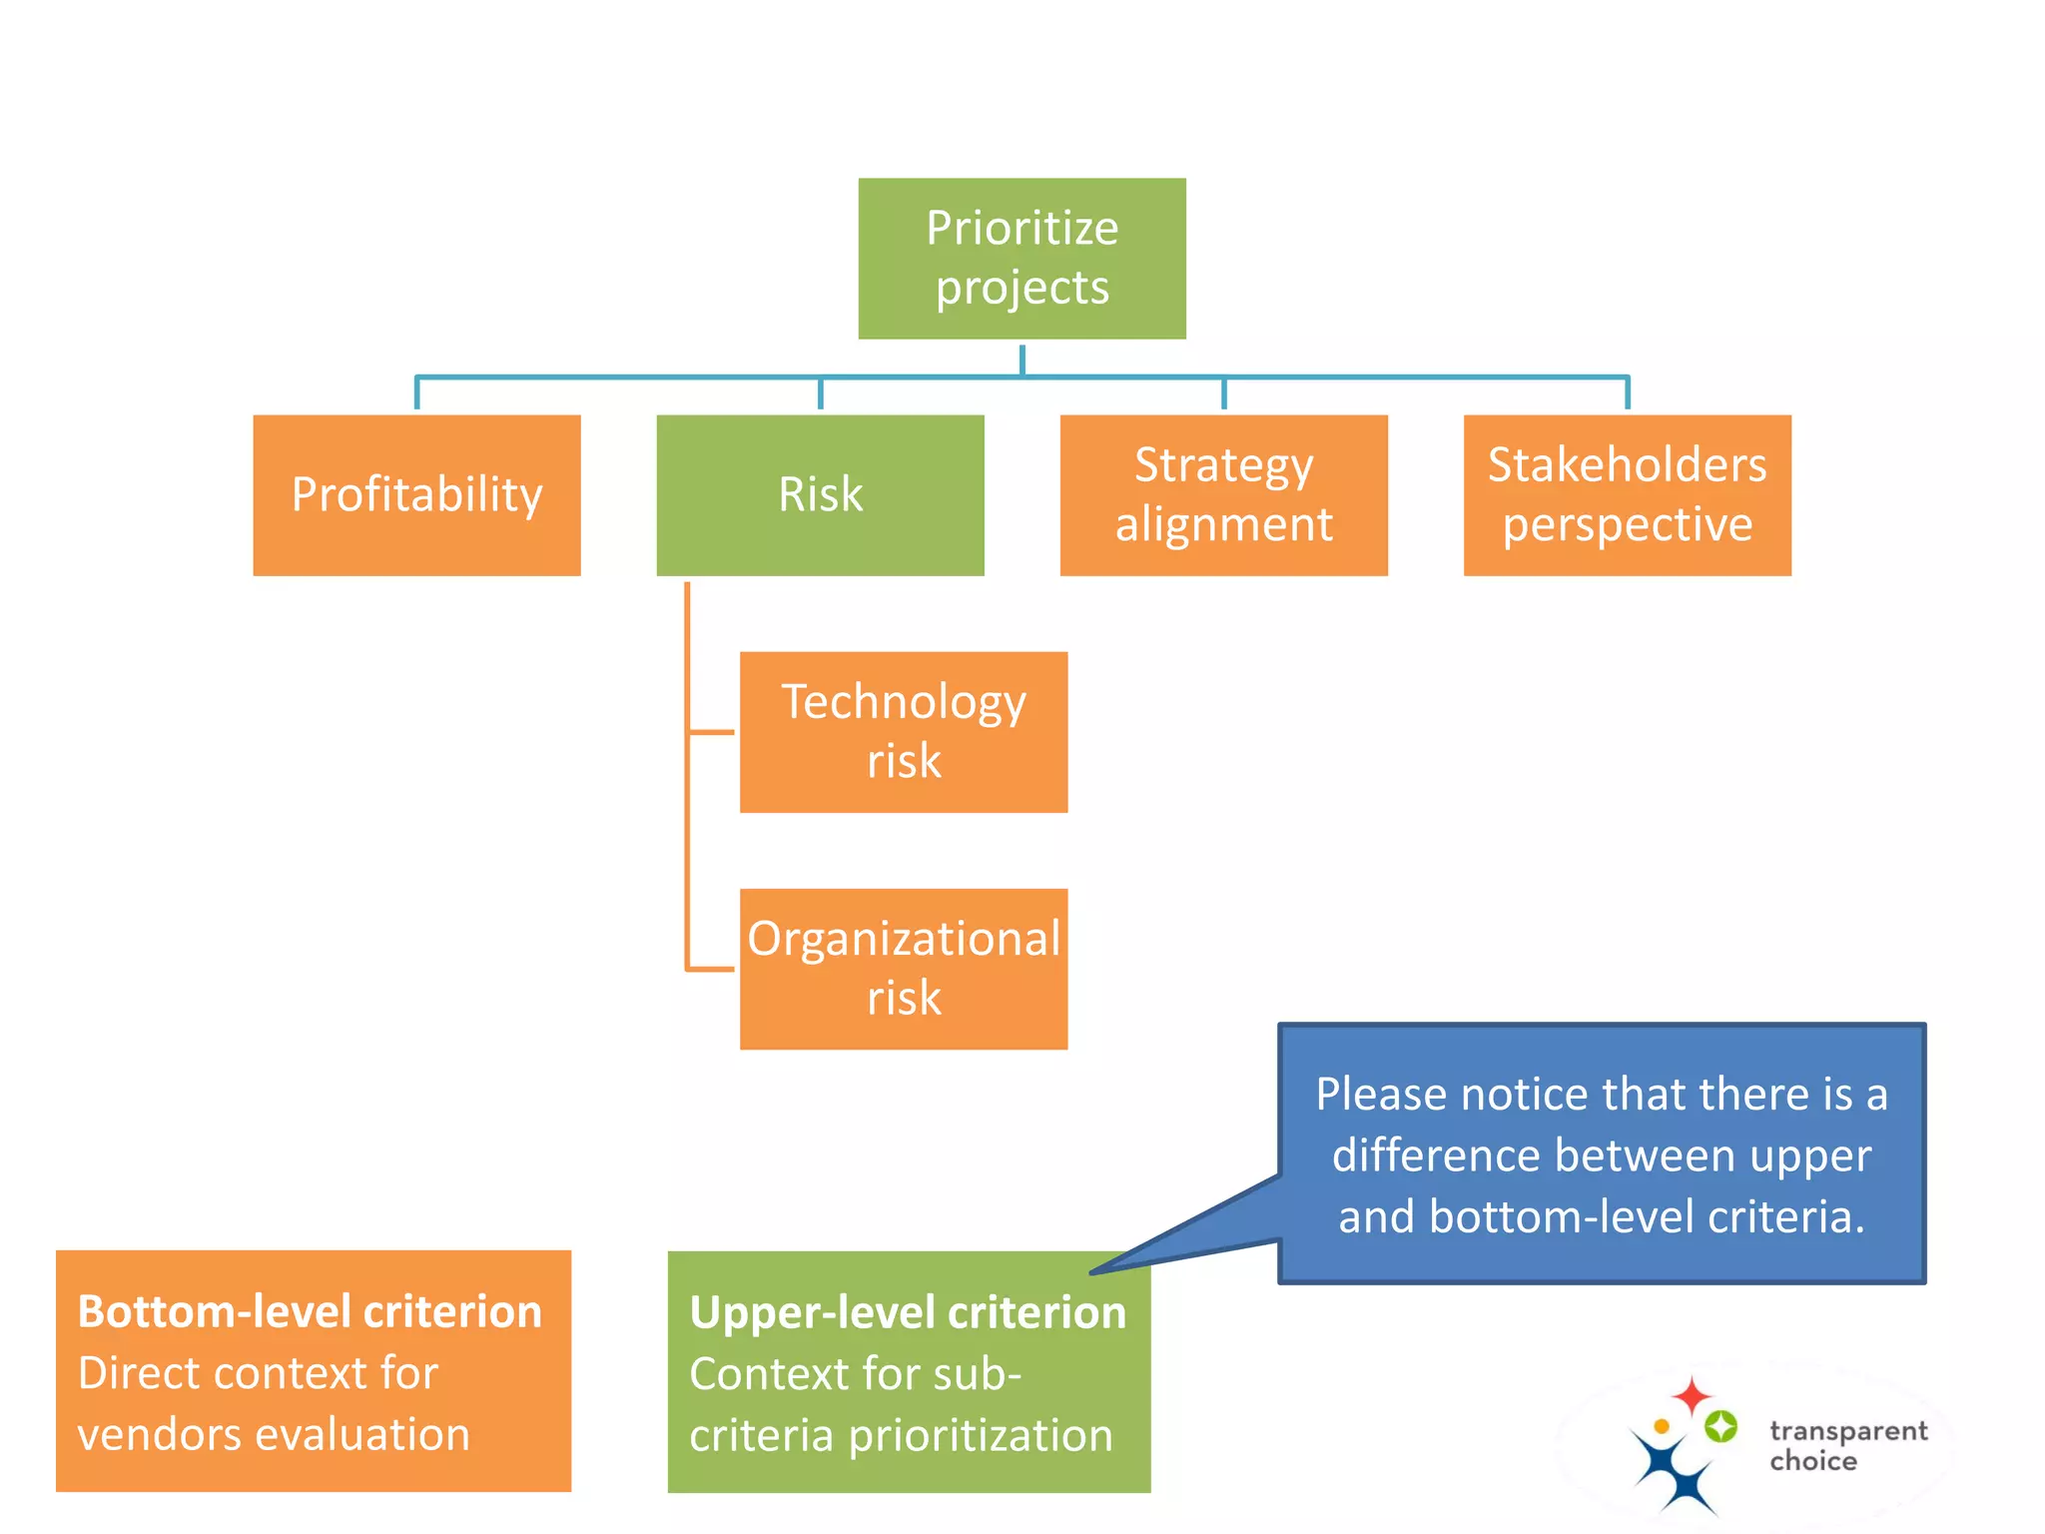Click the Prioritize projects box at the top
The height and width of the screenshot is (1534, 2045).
point(1022,258)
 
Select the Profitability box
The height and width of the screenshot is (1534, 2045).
point(416,495)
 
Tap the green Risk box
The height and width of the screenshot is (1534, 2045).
point(820,495)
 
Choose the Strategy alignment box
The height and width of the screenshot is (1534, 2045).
point(1223,495)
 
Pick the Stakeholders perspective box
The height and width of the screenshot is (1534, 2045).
point(1627,495)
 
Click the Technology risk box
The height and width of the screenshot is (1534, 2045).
point(903,731)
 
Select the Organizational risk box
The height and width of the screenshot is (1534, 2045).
point(903,968)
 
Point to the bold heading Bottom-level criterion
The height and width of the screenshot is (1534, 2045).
point(310,1311)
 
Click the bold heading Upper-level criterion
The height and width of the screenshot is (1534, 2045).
point(907,1312)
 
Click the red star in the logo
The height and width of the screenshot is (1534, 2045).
point(1692,1395)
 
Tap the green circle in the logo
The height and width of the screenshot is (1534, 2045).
point(1720,1426)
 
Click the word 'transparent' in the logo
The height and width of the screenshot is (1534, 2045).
point(1848,1431)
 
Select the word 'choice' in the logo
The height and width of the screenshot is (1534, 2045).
point(1813,1461)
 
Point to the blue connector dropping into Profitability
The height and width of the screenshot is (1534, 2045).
point(416,393)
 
